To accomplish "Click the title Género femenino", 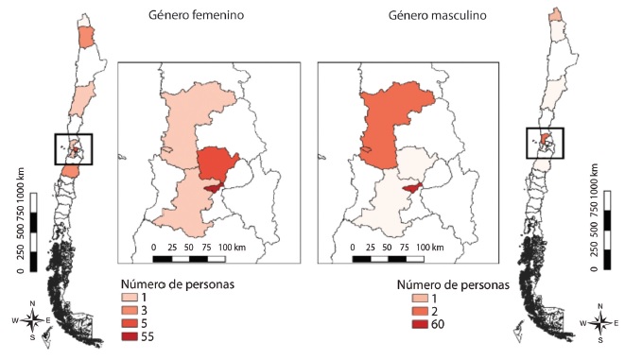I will point(195,16).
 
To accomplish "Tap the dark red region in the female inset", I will point(217,190).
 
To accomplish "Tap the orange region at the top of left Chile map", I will point(87,37).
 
